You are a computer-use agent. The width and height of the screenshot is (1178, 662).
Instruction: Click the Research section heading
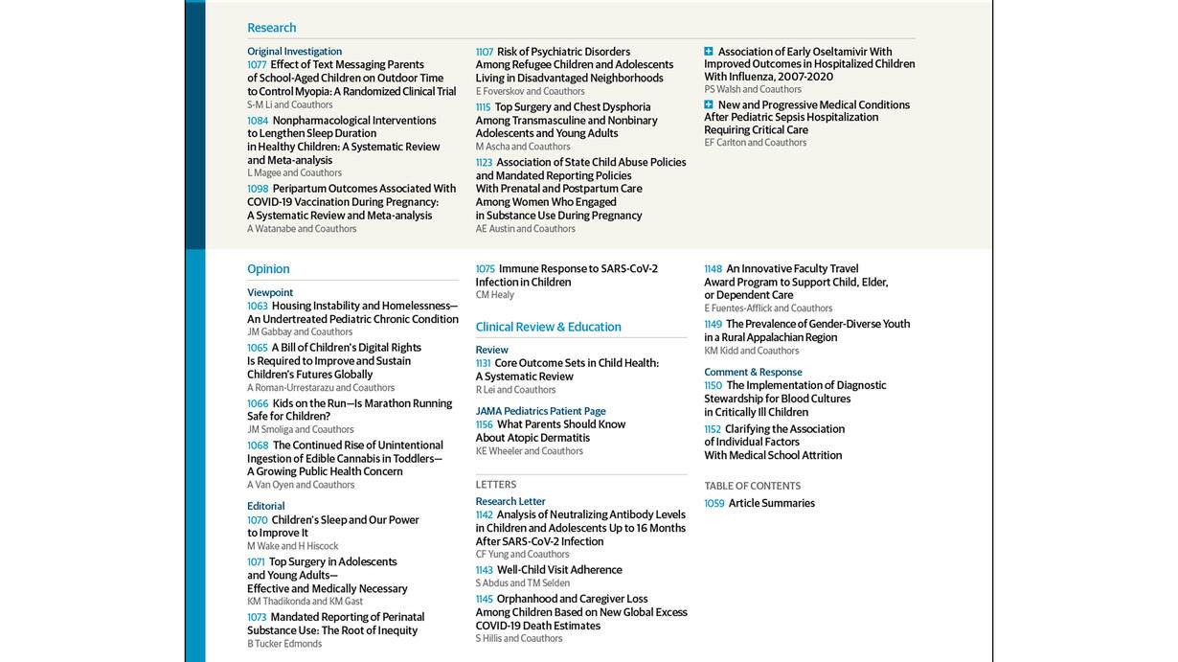point(271,28)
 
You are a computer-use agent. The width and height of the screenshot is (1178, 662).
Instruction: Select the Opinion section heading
point(268,269)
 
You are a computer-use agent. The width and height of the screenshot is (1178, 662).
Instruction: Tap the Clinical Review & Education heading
point(548,327)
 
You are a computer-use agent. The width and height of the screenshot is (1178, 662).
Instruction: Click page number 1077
point(257,65)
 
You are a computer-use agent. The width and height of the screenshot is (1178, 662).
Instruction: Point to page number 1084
point(258,121)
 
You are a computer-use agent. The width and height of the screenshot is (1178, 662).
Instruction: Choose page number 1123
point(484,163)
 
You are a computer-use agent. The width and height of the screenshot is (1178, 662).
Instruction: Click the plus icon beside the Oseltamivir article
point(709,52)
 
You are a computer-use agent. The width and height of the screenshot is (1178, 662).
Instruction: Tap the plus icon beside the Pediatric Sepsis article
point(709,104)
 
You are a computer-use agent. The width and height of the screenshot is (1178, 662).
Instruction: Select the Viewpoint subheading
point(270,292)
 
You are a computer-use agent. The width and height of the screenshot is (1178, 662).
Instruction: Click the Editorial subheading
point(265,506)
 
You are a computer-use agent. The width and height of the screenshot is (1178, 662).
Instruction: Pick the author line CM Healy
point(494,295)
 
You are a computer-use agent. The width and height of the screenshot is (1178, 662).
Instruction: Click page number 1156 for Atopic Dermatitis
point(484,424)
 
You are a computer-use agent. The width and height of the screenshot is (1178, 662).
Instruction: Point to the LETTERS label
point(495,485)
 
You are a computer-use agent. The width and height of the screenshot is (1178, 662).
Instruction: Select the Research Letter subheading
point(510,501)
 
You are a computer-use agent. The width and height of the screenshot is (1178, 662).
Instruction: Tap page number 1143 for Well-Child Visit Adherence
point(484,570)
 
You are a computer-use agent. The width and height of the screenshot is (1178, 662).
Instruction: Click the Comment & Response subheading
point(753,372)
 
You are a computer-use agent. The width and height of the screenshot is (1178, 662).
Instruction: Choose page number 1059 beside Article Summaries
point(714,503)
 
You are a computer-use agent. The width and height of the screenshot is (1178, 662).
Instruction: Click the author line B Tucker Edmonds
point(284,644)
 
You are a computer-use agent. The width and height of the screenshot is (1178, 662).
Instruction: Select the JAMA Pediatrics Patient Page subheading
point(540,411)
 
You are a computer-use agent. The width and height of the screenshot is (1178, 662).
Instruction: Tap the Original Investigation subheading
point(294,52)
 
